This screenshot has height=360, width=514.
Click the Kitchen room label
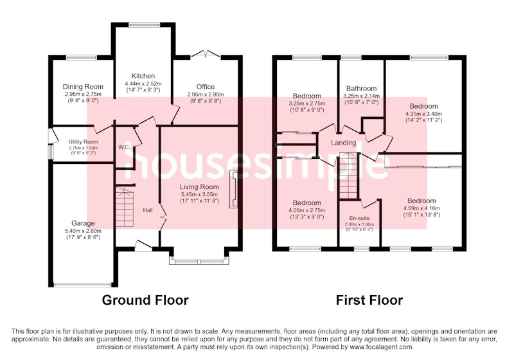pyautogui.click(x=143, y=76)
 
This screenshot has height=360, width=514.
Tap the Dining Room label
pyautogui.click(x=83, y=87)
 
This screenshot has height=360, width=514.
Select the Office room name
pyautogui.click(x=206, y=87)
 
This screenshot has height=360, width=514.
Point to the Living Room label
pyautogui.click(x=199, y=187)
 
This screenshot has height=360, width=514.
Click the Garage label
pyautogui.click(x=83, y=223)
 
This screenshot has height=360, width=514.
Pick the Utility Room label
pyautogui.click(x=84, y=142)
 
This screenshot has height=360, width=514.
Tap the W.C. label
pyautogui.click(x=124, y=147)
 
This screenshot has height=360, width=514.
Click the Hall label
pyautogui.click(x=148, y=210)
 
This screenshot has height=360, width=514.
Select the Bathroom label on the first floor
pyautogui.click(x=361, y=89)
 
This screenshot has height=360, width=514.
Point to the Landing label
pyautogui.click(x=343, y=143)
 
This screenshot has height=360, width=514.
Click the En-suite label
pyautogui.click(x=359, y=219)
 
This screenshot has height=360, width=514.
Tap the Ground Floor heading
pyautogui.click(x=145, y=300)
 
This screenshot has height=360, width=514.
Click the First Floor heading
pyautogui.click(x=369, y=300)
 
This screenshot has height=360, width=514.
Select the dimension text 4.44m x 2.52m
pyautogui.click(x=143, y=84)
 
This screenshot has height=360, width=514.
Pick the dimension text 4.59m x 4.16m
pyautogui.click(x=421, y=208)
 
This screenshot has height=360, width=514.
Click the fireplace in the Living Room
pyautogui.click(x=233, y=189)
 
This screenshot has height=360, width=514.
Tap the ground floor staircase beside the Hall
pyautogui.click(x=125, y=207)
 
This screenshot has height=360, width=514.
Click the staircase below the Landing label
pyautogui.click(x=348, y=175)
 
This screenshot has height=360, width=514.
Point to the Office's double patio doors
pyautogui.click(x=206, y=55)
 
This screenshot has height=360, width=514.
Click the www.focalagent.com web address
pyautogui.click(x=381, y=347)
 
